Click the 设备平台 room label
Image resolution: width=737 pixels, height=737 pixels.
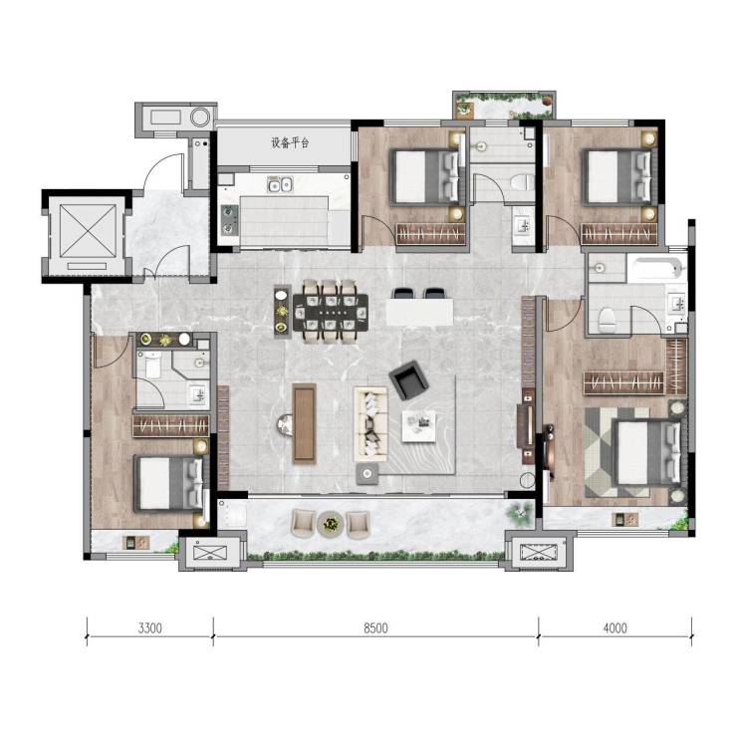pyautogui.click(x=290, y=142)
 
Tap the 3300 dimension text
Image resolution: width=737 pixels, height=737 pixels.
pyautogui.click(x=150, y=628)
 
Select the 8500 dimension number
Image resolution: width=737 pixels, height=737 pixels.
pyautogui.click(x=375, y=628)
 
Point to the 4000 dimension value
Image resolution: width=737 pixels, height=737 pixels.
pyautogui.click(x=614, y=628)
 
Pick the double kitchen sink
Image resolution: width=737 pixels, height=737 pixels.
pyautogui.click(x=280, y=184)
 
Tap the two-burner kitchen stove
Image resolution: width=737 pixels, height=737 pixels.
pyautogui.click(x=229, y=219)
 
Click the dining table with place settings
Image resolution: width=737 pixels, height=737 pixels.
pyautogui.click(x=331, y=312)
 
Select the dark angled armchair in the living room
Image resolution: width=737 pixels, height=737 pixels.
pyautogui.click(x=409, y=379)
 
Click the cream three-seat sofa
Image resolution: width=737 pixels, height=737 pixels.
pyautogui.click(x=370, y=424)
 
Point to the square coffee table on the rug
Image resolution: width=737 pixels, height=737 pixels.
pyautogui.click(x=418, y=426)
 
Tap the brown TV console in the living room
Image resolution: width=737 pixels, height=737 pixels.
pyautogui.click(x=304, y=423)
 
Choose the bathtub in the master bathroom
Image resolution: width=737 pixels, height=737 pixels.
pyautogui.click(x=656, y=269)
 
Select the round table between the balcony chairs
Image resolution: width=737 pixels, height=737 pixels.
pyautogui.click(x=331, y=523)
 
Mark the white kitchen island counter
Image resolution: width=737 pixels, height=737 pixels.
pyautogui.click(x=419, y=312)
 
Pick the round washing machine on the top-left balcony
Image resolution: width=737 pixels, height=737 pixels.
pyautogui.click(x=200, y=118)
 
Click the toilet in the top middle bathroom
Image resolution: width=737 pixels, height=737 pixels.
pyautogui.click(x=523, y=181)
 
